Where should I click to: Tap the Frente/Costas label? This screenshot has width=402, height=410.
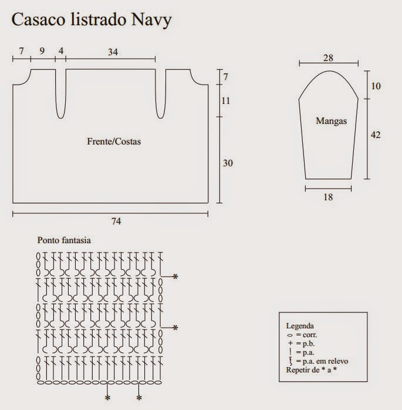(x=114, y=142)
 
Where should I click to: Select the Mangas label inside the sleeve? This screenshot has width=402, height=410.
(x=332, y=122)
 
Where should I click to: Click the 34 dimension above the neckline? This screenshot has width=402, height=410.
(x=113, y=52)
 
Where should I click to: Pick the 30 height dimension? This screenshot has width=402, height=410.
(x=228, y=163)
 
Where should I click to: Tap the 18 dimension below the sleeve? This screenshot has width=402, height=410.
(x=329, y=197)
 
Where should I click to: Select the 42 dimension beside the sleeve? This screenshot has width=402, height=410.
(x=376, y=135)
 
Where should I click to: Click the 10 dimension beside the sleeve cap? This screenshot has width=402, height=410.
(x=376, y=86)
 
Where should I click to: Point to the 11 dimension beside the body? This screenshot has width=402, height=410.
(x=226, y=101)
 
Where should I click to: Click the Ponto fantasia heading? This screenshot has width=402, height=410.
(x=65, y=240)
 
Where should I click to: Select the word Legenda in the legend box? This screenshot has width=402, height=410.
(x=299, y=325)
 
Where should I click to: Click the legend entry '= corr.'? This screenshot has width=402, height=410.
(x=306, y=334)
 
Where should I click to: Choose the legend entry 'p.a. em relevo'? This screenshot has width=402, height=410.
(x=324, y=361)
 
